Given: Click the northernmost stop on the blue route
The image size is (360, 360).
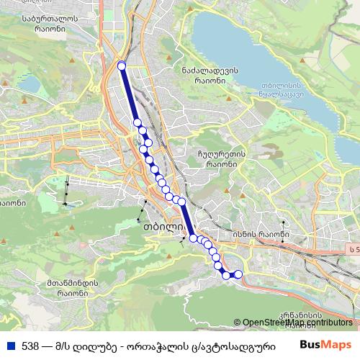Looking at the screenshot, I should point(121,66).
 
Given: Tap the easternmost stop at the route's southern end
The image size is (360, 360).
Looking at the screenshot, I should point(238,274).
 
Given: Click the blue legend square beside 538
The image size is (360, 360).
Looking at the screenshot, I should point(9,346).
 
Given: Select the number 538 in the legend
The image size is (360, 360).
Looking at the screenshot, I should point(30,346).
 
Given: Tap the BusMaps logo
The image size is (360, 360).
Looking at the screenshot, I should point(325,345).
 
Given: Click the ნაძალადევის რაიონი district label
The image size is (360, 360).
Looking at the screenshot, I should point(210,75).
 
